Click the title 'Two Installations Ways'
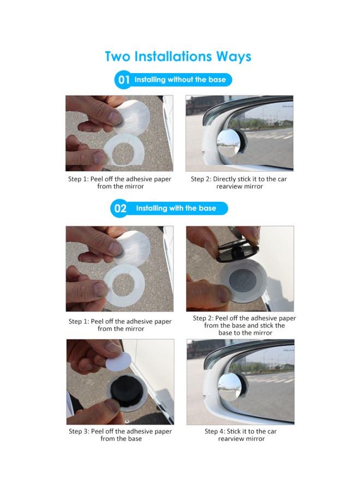pyautogui.click(x=178, y=57)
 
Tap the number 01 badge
pyautogui.click(x=124, y=80)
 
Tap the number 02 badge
pyautogui.click(x=120, y=208)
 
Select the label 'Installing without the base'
pyautogui.click(x=180, y=80)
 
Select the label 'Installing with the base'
pyautogui.click(x=176, y=208)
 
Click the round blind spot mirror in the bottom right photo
pyautogui.click(x=230, y=387)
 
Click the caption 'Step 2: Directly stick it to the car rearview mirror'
pyautogui.click(x=239, y=183)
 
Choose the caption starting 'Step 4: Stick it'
pyautogui.click(x=241, y=435)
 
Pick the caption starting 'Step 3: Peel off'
pyautogui.click(x=121, y=435)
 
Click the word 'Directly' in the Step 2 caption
pyautogui.click(x=224, y=179)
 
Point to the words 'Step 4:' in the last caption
pyautogui.click(x=214, y=432)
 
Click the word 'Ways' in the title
pyautogui.click(x=233, y=57)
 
